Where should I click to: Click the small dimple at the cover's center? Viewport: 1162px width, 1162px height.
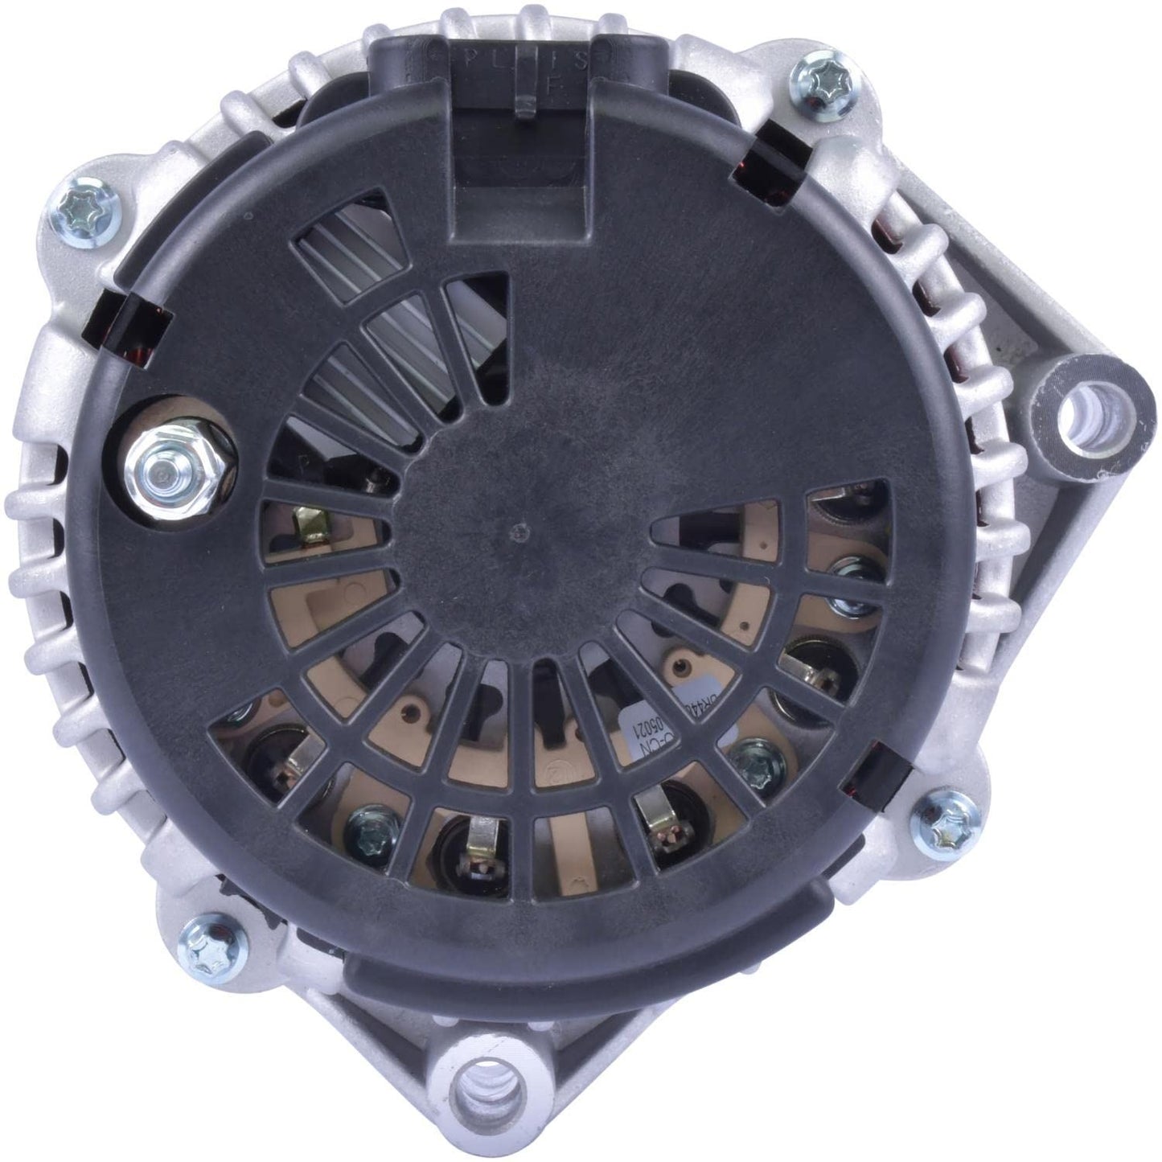click(x=524, y=529)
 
